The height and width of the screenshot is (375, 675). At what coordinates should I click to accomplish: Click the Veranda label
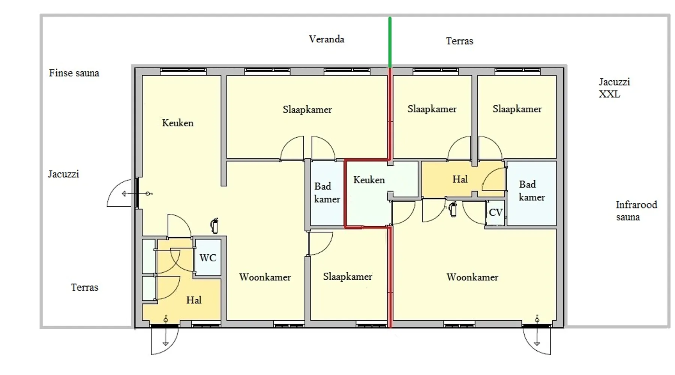point(326,39)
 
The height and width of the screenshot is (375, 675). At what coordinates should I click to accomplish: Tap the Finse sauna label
point(74,73)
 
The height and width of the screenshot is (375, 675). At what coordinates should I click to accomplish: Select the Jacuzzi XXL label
point(614,88)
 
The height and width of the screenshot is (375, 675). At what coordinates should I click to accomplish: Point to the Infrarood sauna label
point(636,211)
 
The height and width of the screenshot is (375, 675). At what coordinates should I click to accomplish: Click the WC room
point(208,258)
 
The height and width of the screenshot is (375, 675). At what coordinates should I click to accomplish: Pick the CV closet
point(495,213)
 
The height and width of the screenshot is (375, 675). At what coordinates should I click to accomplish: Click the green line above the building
point(390,42)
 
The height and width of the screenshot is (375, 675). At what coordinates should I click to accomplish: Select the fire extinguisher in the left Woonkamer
point(214,226)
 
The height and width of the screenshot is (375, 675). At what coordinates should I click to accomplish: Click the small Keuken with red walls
point(369,193)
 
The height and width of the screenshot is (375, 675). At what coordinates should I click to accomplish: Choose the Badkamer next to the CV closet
point(531,193)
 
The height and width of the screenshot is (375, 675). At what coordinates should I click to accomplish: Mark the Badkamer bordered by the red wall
point(327,193)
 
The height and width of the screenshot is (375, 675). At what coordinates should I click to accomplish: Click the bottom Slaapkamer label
point(348,277)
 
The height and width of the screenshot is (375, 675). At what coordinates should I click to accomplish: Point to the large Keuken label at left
point(178,123)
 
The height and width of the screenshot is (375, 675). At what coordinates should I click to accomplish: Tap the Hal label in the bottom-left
point(194,300)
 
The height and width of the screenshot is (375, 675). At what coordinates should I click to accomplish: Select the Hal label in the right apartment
point(460,179)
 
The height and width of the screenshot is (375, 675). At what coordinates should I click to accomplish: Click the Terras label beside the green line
point(459,41)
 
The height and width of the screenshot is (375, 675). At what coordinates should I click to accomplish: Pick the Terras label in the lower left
point(85,287)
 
